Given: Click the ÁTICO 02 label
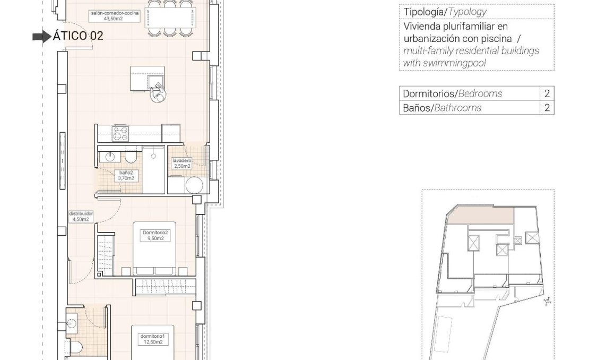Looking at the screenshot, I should (77, 36).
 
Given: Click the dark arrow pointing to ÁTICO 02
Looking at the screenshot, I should (41, 37).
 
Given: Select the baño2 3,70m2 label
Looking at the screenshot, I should (126, 176).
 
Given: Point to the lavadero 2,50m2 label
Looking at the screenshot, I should (181, 163).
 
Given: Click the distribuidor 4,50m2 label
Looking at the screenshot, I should (81, 216).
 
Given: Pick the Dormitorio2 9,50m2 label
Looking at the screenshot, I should (155, 235).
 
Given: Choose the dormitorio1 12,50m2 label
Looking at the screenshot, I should (153, 339).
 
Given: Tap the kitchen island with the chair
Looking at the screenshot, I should (147, 79).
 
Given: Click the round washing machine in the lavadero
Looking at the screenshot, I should (194, 186).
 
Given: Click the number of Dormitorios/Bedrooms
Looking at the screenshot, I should (547, 93).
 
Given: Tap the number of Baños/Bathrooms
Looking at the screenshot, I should (547, 108).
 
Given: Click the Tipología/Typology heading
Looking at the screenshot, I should (445, 12).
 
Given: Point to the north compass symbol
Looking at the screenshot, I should (547, 301).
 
